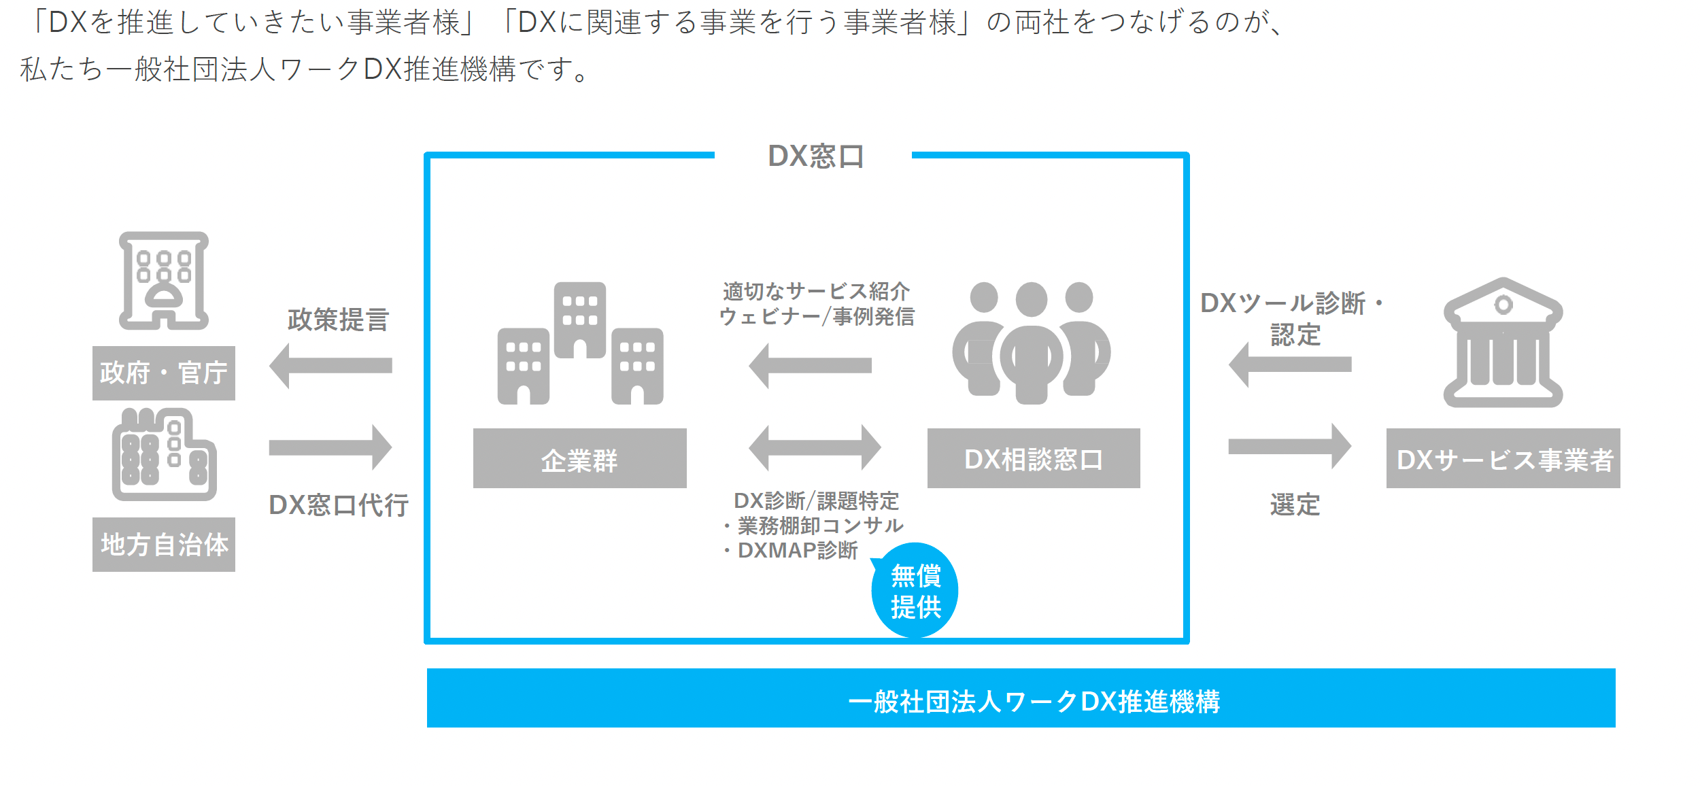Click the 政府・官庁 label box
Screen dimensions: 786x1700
(163, 373)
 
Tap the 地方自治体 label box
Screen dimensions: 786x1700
(163, 545)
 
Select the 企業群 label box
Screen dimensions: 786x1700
(579, 458)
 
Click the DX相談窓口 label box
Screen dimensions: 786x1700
(1034, 458)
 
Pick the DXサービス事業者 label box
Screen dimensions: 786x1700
(1503, 458)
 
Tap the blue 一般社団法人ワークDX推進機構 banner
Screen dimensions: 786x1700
(1021, 698)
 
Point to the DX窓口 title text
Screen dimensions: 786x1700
(815, 156)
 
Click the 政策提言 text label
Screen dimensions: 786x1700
(337, 320)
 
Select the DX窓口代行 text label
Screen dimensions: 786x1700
(339, 505)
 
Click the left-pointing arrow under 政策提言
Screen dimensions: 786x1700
(330, 365)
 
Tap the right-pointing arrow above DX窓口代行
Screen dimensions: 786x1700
(330, 447)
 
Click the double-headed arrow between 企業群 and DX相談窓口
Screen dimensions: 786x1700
(815, 447)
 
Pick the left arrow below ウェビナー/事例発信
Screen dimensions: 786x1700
(810, 365)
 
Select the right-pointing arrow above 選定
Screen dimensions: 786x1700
(1289, 446)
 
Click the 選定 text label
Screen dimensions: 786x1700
(1295, 505)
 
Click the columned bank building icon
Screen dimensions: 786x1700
(1503, 343)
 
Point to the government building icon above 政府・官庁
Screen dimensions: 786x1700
(164, 281)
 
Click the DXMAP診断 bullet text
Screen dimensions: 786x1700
(797, 550)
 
